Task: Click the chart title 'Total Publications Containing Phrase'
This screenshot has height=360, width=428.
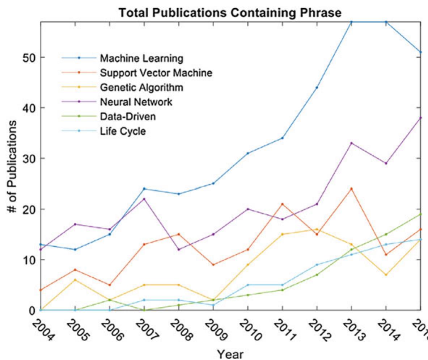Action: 230,13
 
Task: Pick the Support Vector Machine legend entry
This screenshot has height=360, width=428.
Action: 156,73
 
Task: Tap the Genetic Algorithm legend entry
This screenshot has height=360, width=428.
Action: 141,87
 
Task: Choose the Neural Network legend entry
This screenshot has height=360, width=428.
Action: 136,102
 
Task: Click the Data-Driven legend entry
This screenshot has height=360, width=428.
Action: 128,117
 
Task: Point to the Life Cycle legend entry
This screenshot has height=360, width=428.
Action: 123,131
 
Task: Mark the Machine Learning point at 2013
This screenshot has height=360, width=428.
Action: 351,22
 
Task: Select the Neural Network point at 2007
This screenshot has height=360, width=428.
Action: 144,199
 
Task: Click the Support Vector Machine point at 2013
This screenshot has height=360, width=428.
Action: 351,189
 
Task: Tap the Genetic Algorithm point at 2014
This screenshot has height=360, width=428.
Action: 386,275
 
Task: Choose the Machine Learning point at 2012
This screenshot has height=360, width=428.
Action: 317,88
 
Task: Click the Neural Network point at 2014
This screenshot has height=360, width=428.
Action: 386,163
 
